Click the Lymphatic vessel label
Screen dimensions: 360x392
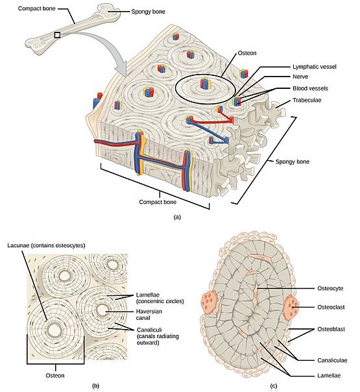pos(315,67)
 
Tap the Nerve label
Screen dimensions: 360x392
pos(300,77)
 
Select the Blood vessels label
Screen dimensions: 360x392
pos(310,88)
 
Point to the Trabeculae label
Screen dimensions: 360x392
pos(307,100)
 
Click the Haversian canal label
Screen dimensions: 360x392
pos(149,315)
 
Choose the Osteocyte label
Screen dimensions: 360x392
pos(330,288)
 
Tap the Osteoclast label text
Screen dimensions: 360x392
pos(331,307)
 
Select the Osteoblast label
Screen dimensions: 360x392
pos(331,329)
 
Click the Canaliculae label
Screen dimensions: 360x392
pos(332,360)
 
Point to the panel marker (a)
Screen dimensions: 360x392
pos(177,217)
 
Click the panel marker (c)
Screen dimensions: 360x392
pos(274,386)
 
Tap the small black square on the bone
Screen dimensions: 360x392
pos(57,35)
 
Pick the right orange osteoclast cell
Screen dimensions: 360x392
pos(291,307)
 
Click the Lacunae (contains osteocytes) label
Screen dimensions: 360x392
pos(46,245)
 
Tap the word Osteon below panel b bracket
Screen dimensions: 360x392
pos(55,376)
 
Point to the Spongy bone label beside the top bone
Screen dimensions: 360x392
pos(148,12)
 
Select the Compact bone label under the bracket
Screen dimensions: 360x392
pos(158,202)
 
